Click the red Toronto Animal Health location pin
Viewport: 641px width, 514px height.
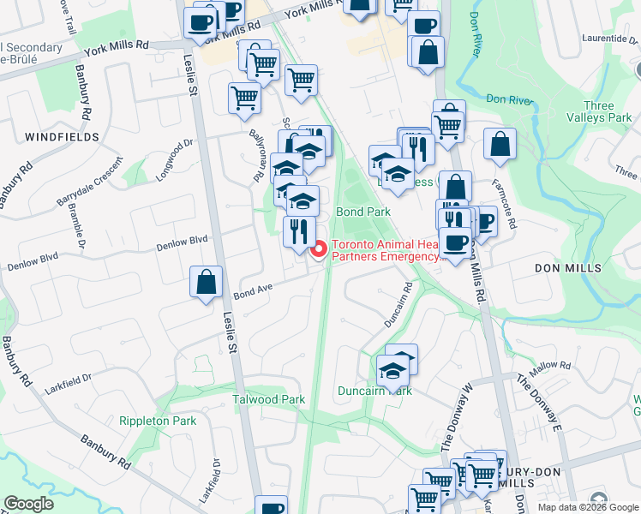pos(320,250)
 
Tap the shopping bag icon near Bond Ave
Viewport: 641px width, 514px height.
pos(206,283)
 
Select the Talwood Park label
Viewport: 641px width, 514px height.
pos(269,400)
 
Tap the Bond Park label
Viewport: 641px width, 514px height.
pos(363,211)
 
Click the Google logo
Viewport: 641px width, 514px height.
pos(29,504)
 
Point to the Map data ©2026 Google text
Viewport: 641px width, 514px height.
pos(587,507)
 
